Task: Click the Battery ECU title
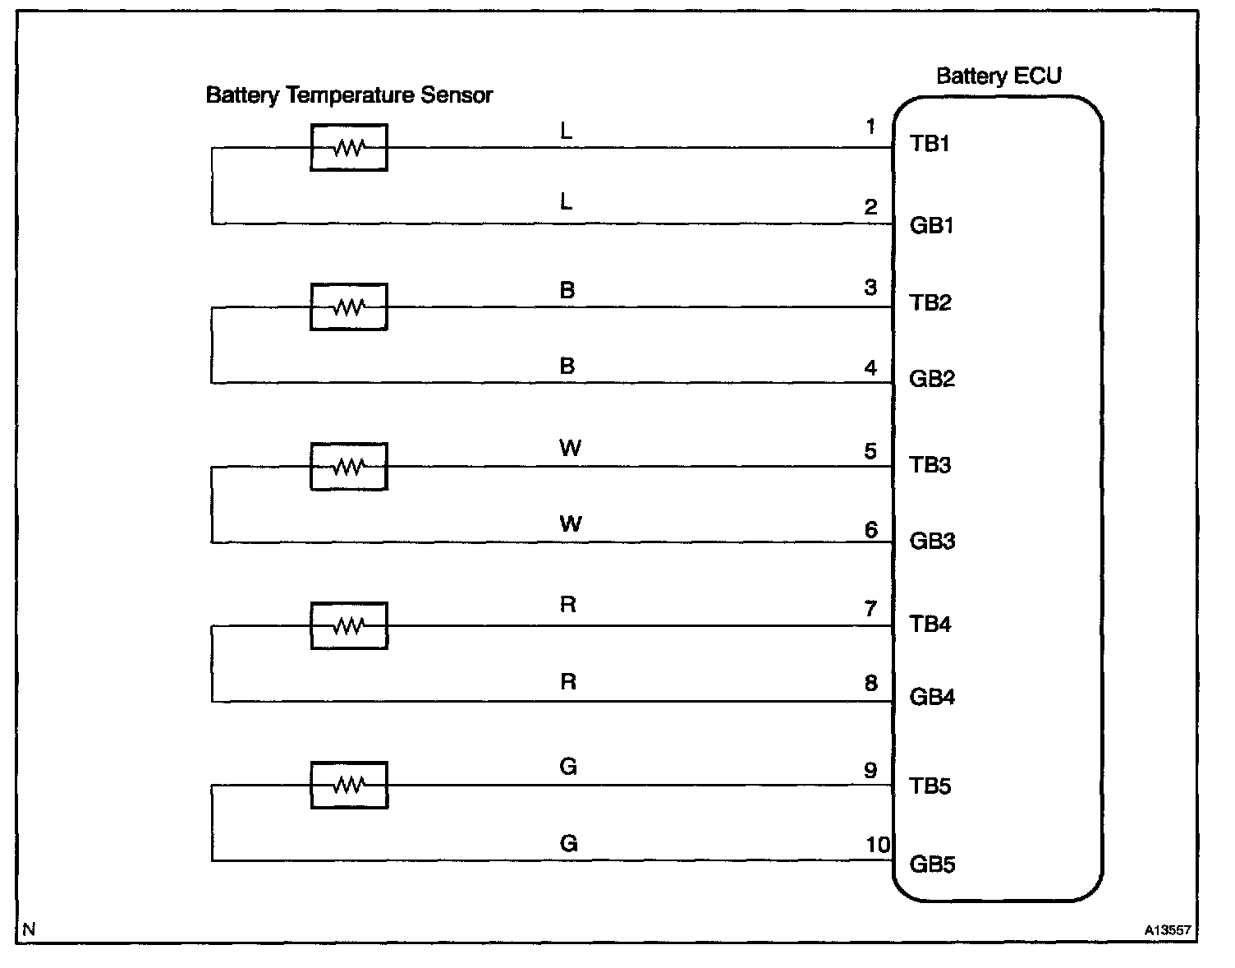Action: coord(999,76)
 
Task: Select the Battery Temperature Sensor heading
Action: coord(349,95)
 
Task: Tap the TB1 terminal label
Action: coord(930,144)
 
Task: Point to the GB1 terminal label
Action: coord(932,225)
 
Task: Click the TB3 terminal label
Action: coord(930,465)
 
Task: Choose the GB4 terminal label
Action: coord(932,698)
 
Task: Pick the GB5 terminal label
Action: coord(932,864)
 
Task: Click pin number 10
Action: coord(877,845)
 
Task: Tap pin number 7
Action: coord(870,609)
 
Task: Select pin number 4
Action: coord(870,367)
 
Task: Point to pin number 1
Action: coord(870,127)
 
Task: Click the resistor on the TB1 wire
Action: coord(349,148)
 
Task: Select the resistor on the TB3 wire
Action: coord(349,467)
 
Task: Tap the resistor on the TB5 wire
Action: coord(349,786)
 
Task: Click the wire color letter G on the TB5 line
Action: coord(568,767)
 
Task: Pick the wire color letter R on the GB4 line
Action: coord(568,682)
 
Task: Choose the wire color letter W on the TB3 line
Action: coord(570,448)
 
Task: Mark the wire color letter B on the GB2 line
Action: coord(567,366)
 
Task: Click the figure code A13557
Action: coord(1168,931)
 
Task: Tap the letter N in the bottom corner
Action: coord(30,930)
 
